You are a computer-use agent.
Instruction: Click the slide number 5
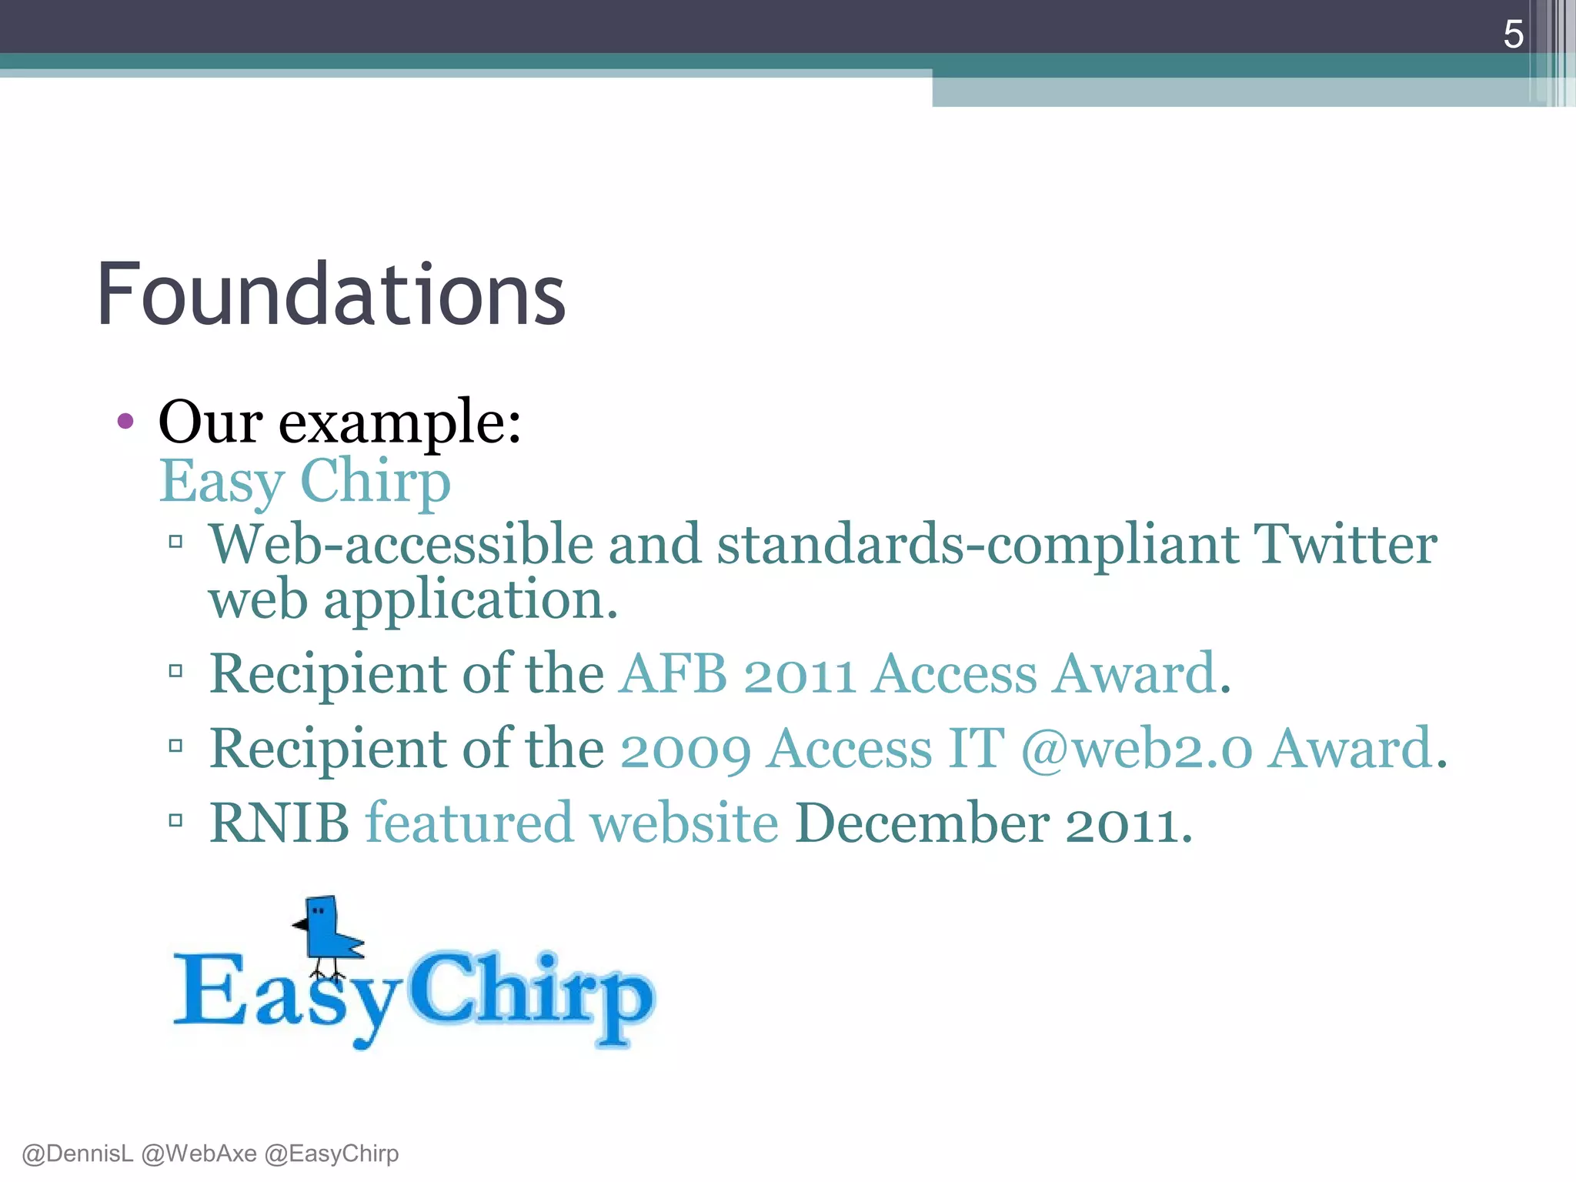coord(1513,35)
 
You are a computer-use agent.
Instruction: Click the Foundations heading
coord(331,295)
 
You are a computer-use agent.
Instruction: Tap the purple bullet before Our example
coord(125,421)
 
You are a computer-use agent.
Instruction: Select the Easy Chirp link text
coord(305,481)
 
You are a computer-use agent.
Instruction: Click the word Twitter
coord(1345,544)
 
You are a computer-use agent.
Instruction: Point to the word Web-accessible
coord(401,544)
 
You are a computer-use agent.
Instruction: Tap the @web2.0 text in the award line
coord(1137,749)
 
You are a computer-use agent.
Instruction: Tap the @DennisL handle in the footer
coord(78,1154)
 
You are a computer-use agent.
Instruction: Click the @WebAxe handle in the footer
coord(199,1154)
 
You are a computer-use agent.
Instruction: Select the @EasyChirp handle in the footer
coord(332,1154)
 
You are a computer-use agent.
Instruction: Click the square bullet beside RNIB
coord(175,820)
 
